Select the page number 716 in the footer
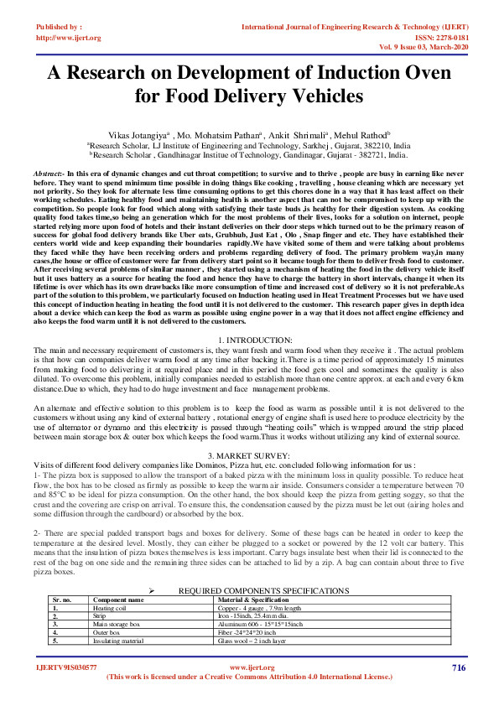(x=458, y=667)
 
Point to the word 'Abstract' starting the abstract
(x=49, y=171)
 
